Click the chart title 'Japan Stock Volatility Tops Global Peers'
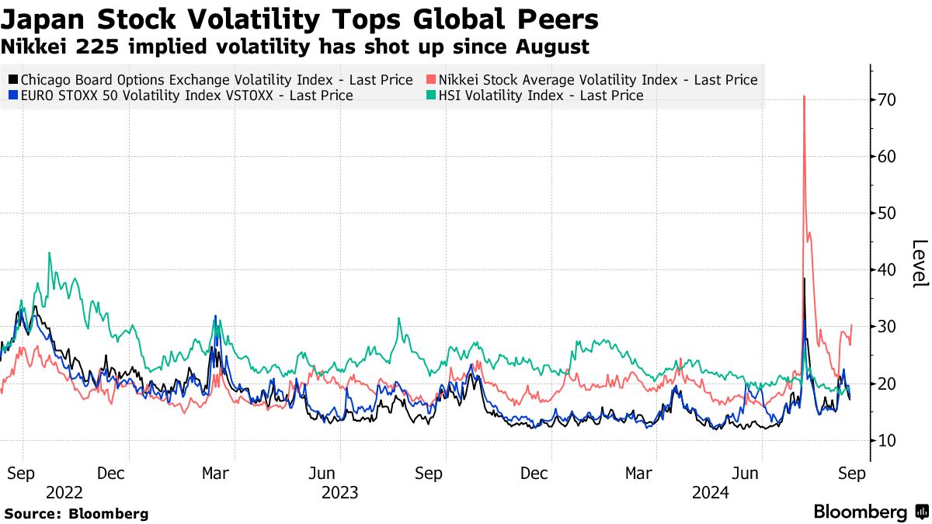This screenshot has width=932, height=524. click(299, 19)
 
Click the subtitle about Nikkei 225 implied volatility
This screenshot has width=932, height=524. click(294, 47)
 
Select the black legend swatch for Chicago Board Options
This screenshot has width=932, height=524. click(13, 80)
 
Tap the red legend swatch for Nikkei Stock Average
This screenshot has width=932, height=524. click(431, 80)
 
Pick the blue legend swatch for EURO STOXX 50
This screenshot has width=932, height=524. click(13, 95)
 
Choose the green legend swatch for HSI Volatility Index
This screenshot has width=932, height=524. click(431, 95)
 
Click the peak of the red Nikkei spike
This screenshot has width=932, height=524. click(804, 96)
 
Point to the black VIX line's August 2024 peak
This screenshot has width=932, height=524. click(805, 279)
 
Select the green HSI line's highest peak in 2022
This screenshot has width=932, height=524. click(49, 253)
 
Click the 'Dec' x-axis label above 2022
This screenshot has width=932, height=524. click(112, 473)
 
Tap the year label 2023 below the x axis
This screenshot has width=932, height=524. click(339, 492)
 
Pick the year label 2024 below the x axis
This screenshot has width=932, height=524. click(710, 492)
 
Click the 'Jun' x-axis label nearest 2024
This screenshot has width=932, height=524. click(747, 473)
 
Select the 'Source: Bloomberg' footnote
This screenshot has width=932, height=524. click(76, 514)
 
